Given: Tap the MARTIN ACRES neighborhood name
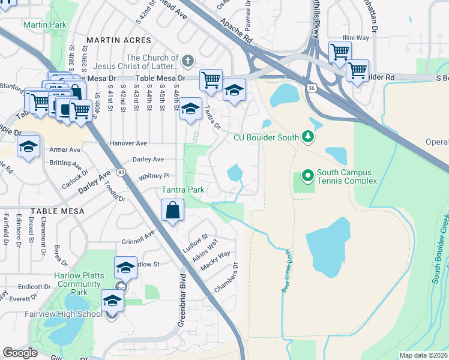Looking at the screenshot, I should pyautogui.click(x=119, y=40).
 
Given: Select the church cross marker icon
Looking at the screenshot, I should pyautogui.click(x=188, y=61).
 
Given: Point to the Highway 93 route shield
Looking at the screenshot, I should pyautogui.click(x=121, y=173).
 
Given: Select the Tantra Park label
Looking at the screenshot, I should pyautogui.click(x=184, y=190).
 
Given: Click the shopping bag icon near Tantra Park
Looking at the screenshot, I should pyautogui.click(x=172, y=211).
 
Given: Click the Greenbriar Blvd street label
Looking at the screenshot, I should pyautogui.click(x=179, y=300).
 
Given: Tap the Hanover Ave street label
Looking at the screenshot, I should pyautogui.click(x=128, y=144).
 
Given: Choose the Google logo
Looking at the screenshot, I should pyautogui.click(x=20, y=353).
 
